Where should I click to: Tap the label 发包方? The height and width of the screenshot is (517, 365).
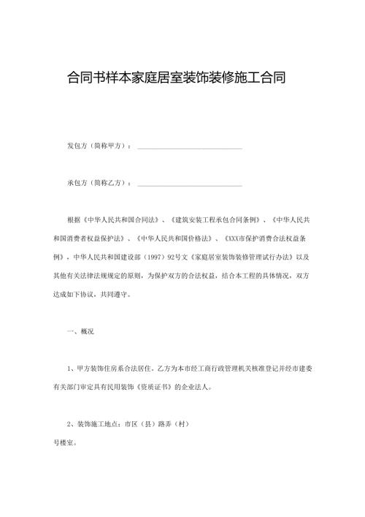click(x=77, y=146)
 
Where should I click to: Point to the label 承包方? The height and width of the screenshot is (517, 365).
click(x=77, y=182)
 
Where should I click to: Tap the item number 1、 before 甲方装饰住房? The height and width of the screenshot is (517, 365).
click(x=70, y=368)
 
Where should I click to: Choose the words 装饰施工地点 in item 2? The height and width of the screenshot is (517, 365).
click(x=99, y=424)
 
